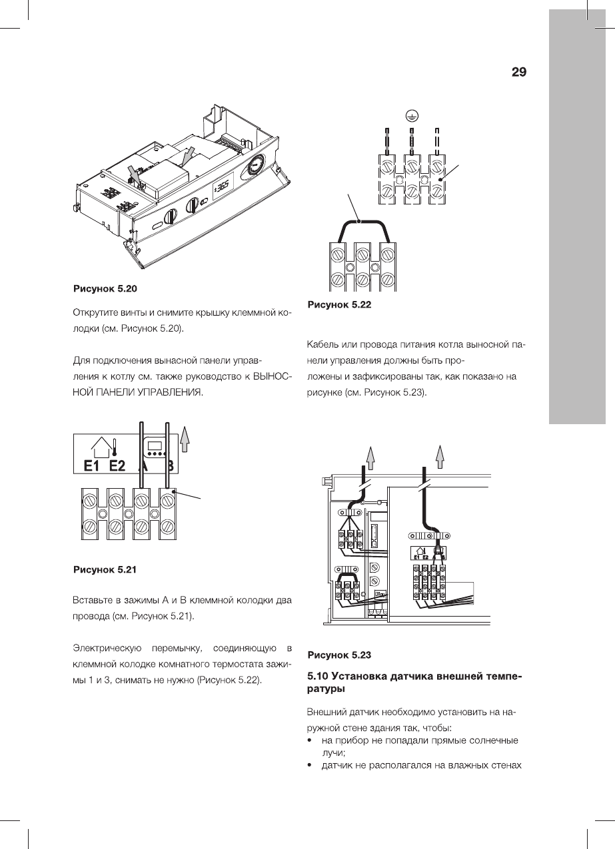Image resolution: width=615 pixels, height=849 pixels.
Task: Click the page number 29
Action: (519, 73)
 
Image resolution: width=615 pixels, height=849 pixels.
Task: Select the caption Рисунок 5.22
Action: (338, 305)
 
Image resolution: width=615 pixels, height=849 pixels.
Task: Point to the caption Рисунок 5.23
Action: (338, 655)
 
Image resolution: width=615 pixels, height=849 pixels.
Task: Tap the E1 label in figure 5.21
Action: (92, 465)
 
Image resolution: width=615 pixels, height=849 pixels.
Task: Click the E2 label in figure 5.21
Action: (117, 465)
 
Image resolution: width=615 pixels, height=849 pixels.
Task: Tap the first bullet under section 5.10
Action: (310, 740)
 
